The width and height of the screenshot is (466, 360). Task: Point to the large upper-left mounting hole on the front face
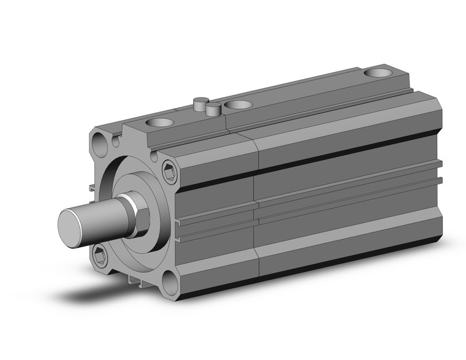pyautogui.click(x=100, y=145)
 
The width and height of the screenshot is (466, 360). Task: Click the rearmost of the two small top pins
pyautogui.click(x=199, y=103)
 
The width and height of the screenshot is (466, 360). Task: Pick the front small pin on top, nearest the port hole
pyautogui.click(x=213, y=109)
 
